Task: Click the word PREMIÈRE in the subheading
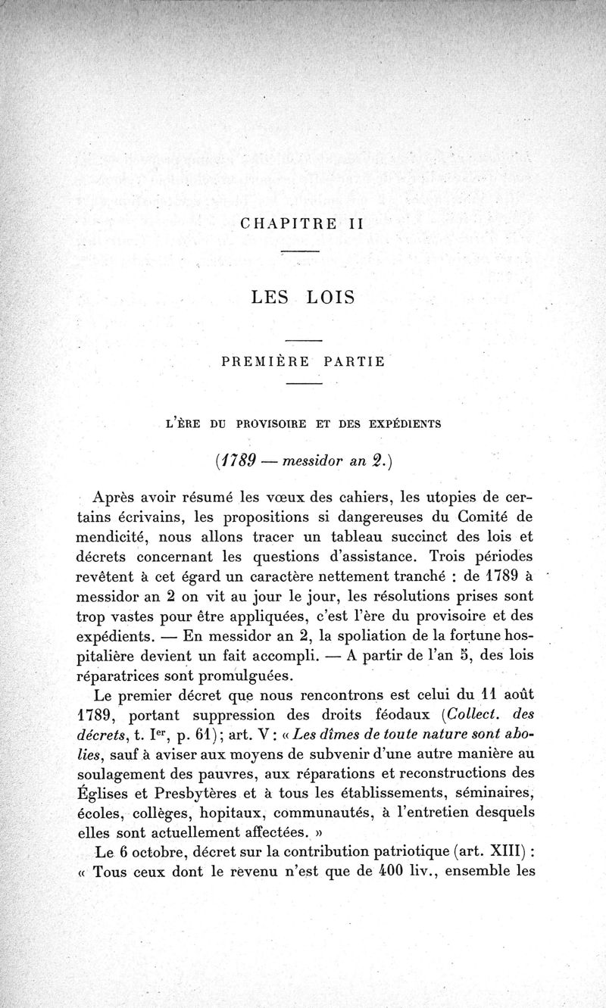click(x=266, y=361)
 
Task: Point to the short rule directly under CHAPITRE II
click(x=301, y=251)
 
